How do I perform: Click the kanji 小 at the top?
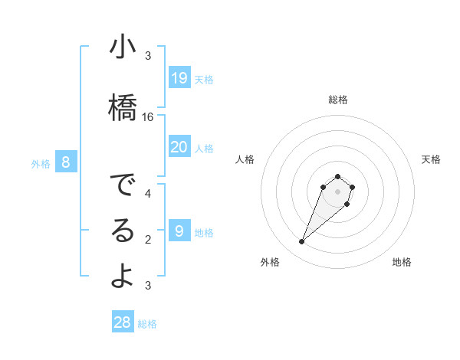coord(123,47)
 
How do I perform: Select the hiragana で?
coord(123,186)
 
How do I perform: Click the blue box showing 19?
coord(179,78)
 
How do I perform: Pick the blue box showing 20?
coord(179,147)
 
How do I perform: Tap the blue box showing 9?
coord(179,231)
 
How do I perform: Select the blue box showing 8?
coord(66,162)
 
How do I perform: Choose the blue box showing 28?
coord(123,322)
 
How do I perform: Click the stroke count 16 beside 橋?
coord(148,117)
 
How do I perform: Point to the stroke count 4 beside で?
coord(148,194)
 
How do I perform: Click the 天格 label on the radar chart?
coord(431,159)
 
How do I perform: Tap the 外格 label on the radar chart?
coord(270,262)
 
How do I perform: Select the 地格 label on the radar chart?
coord(402,262)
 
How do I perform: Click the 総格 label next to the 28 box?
coord(147,324)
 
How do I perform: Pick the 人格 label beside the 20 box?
coord(204,148)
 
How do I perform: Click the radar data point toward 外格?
coord(302,242)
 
